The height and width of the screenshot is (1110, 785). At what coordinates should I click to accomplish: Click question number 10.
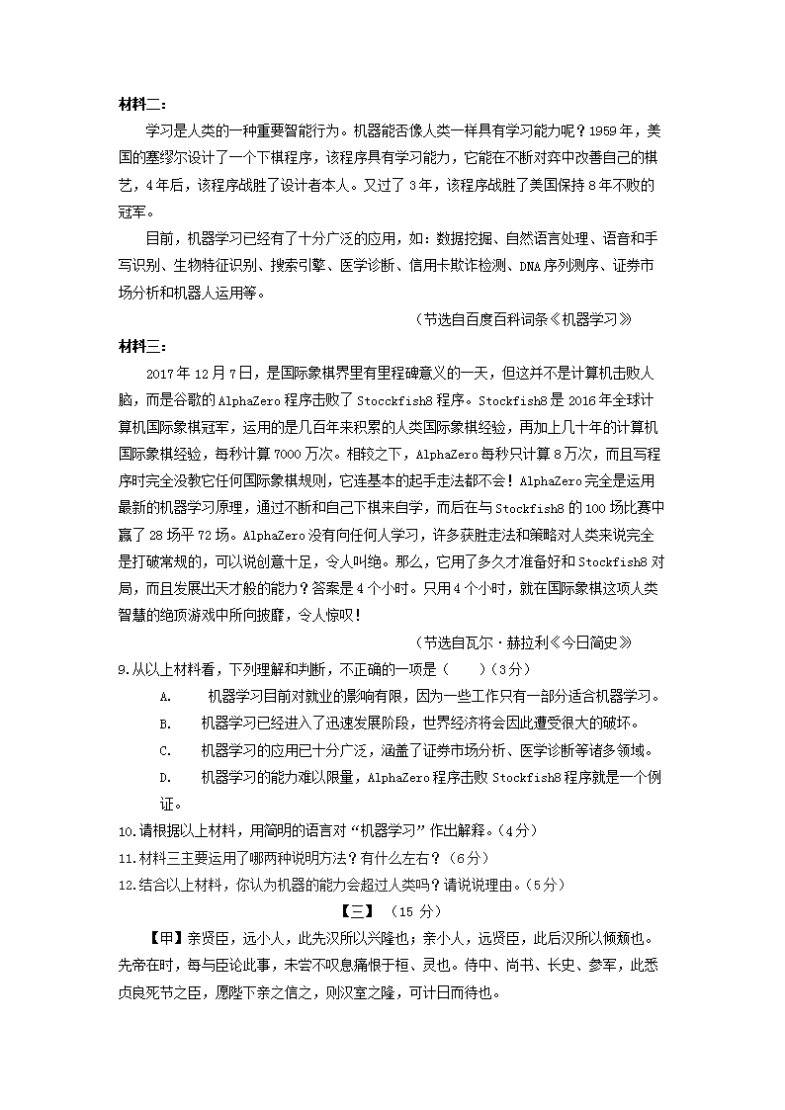pyautogui.click(x=126, y=829)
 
